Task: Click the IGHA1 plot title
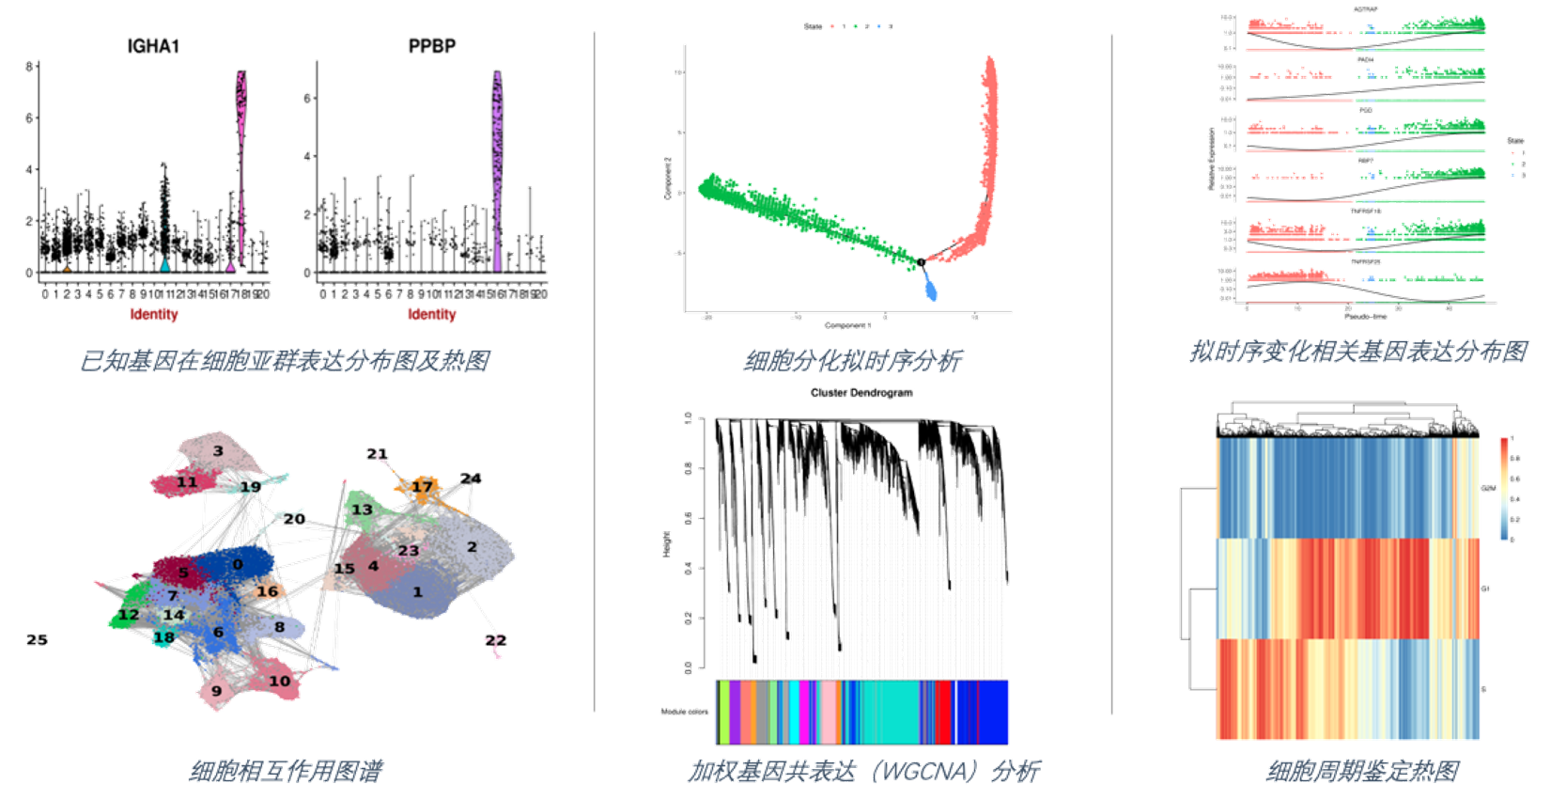[153, 46]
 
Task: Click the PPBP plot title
[432, 46]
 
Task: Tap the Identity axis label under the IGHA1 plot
[154, 314]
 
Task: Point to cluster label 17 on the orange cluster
[422, 486]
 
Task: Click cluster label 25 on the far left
[36, 639]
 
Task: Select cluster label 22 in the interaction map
[495, 640]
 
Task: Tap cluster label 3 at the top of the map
[218, 451]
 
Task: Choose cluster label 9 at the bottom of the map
[216, 691]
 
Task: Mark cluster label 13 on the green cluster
[362, 510]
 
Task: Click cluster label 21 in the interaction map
[377, 454]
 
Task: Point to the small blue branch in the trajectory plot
[931, 286]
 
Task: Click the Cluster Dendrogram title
[861, 393]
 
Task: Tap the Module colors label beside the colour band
[685, 712]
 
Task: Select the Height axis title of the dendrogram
[667, 543]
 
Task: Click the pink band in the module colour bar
[830, 712]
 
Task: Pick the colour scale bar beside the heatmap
[1505, 489]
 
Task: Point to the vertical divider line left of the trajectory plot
[594, 376]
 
